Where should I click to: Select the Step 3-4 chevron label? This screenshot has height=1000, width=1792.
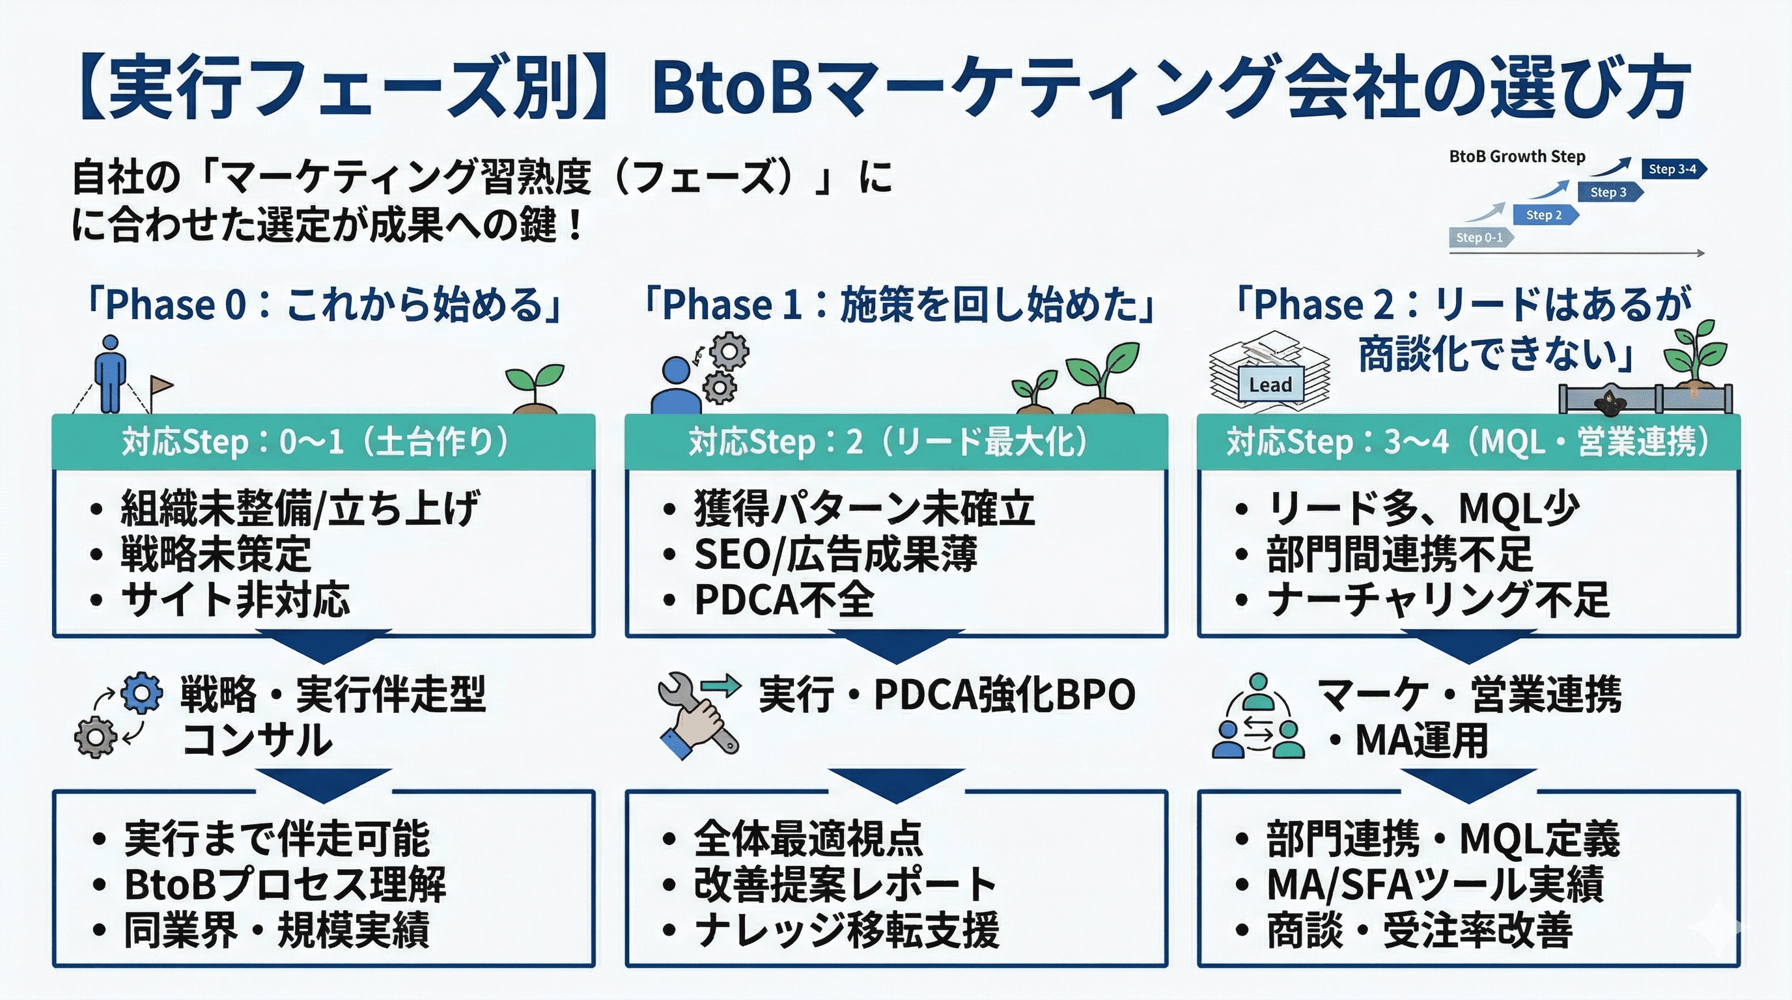(x=1672, y=169)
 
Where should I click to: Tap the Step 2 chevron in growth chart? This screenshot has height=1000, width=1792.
(x=1545, y=215)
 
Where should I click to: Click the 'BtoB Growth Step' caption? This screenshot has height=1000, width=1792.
(x=1517, y=156)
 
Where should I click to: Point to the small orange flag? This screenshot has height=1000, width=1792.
(x=161, y=385)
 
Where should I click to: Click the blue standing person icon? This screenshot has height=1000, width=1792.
(x=111, y=374)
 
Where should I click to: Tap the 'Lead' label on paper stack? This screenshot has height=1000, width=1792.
(x=1270, y=385)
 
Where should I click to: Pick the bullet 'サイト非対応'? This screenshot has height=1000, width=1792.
(x=235, y=600)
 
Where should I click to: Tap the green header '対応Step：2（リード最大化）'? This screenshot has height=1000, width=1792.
(x=895, y=442)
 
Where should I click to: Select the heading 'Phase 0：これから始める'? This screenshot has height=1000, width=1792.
(x=324, y=305)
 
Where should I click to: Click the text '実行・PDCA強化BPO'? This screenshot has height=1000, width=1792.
(x=947, y=694)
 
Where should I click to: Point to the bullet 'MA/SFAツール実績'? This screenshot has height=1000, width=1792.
(x=1435, y=885)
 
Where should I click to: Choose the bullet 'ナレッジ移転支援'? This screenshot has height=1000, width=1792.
(x=847, y=930)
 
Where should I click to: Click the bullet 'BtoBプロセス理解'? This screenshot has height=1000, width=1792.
(x=285, y=885)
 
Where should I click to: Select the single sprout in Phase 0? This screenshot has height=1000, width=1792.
(x=534, y=387)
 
